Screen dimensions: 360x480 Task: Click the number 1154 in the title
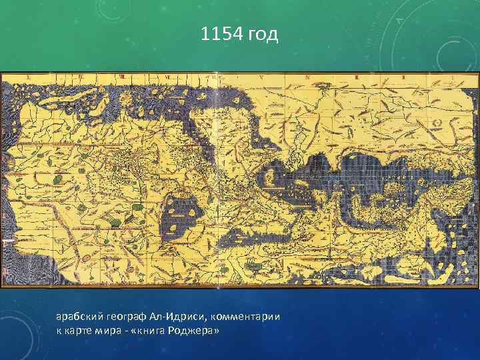(x=222, y=34)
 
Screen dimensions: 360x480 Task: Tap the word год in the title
(x=263, y=34)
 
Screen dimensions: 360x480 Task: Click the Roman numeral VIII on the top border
(x=121, y=77)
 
